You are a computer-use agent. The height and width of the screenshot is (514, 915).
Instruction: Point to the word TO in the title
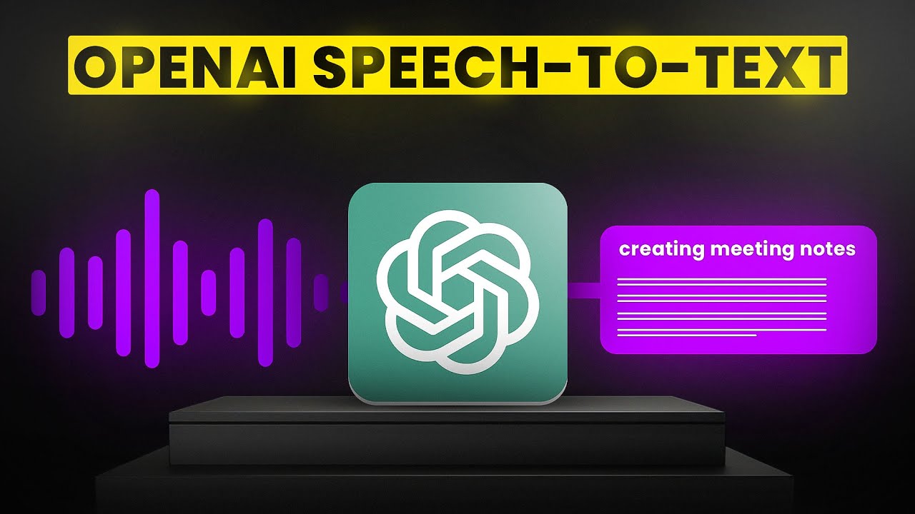pyautogui.click(x=618, y=66)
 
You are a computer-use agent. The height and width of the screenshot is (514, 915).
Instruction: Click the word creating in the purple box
pyautogui.click(x=660, y=250)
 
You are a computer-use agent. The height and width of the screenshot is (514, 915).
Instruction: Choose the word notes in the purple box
pyautogui.click(x=829, y=249)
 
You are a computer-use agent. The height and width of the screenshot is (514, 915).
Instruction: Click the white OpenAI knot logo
pyautogui.click(x=457, y=293)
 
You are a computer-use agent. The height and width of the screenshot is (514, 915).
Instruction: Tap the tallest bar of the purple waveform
pyautogui.click(x=152, y=278)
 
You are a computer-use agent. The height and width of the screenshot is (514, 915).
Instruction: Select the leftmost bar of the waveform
pyautogui.click(x=39, y=293)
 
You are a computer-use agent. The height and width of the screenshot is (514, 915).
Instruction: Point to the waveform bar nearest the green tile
pyautogui.click(x=321, y=293)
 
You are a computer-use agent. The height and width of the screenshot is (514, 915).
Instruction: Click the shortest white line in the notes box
pyautogui.click(x=686, y=334)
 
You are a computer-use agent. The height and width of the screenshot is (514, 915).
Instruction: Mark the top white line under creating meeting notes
pyautogui.click(x=721, y=279)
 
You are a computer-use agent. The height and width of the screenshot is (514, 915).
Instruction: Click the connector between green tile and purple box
pyautogui.click(x=583, y=291)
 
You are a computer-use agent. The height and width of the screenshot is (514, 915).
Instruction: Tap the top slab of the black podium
pyautogui.click(x=447, y=410)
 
